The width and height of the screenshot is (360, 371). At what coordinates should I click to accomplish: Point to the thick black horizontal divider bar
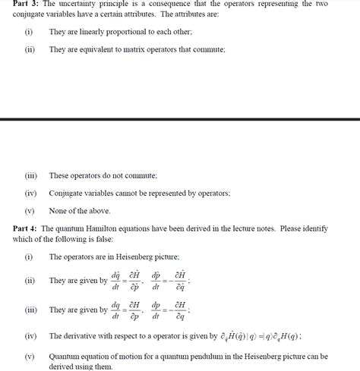click(180, 119)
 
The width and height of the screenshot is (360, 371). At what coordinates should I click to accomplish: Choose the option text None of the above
click(80, 211)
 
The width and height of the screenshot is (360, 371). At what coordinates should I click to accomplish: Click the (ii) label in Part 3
click(30, 49)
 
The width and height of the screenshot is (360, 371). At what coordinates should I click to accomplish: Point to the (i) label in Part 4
click(29, 257)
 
